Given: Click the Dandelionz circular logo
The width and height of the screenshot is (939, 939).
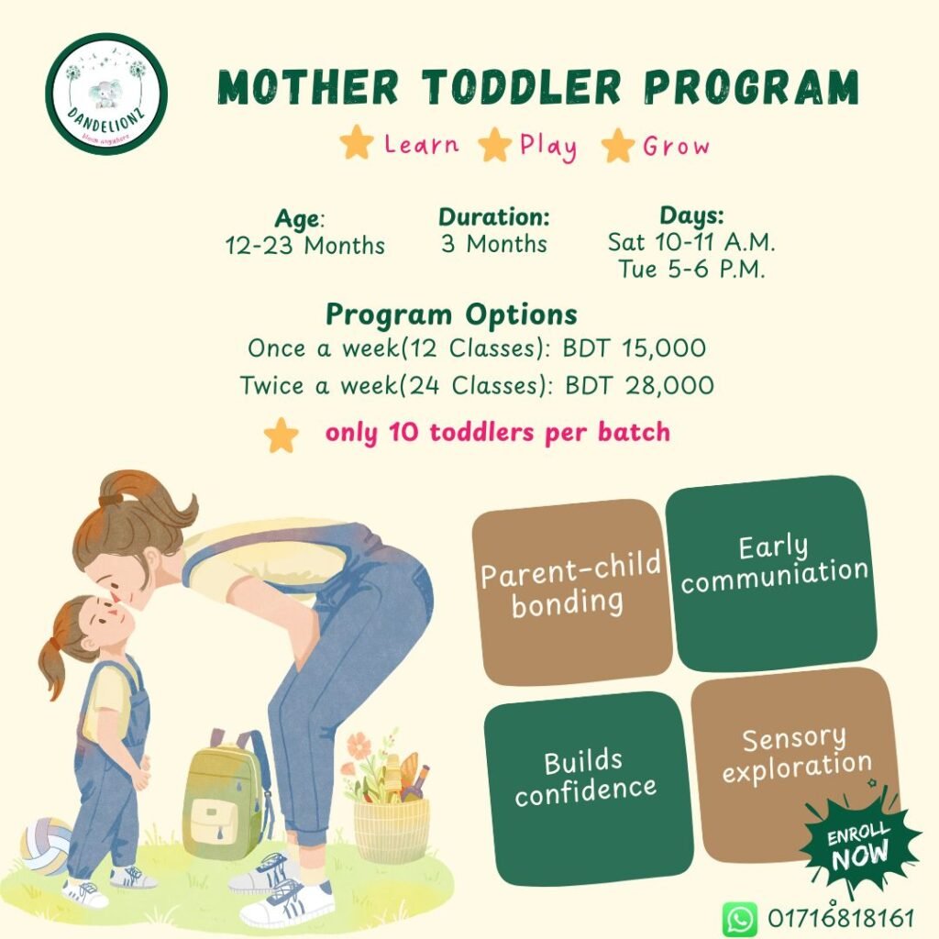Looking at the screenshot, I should [x=106, y=94].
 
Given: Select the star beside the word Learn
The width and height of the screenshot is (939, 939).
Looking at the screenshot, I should [x=356, y=144].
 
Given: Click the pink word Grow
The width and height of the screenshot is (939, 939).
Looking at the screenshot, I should [x=676, y=146].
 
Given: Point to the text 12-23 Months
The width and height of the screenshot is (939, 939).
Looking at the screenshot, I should [x=305, y=246].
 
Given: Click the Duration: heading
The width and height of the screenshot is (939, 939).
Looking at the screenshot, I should [x=493, y=218].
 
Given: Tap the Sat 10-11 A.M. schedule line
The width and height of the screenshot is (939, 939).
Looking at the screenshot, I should [x=691, y=243].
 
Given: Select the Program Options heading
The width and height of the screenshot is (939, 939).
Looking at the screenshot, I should [x=451, y=315].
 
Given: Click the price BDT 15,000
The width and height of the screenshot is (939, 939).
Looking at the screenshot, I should [x=635, y=349].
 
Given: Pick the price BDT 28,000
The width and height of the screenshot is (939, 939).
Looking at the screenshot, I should [x=639, y=385].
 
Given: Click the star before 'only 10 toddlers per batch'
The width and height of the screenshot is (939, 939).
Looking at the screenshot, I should [x=282, y=436].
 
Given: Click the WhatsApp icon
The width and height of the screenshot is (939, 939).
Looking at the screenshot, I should [x=739, y=918].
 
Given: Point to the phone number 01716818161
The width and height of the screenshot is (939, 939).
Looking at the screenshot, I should [x=841, y=918].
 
